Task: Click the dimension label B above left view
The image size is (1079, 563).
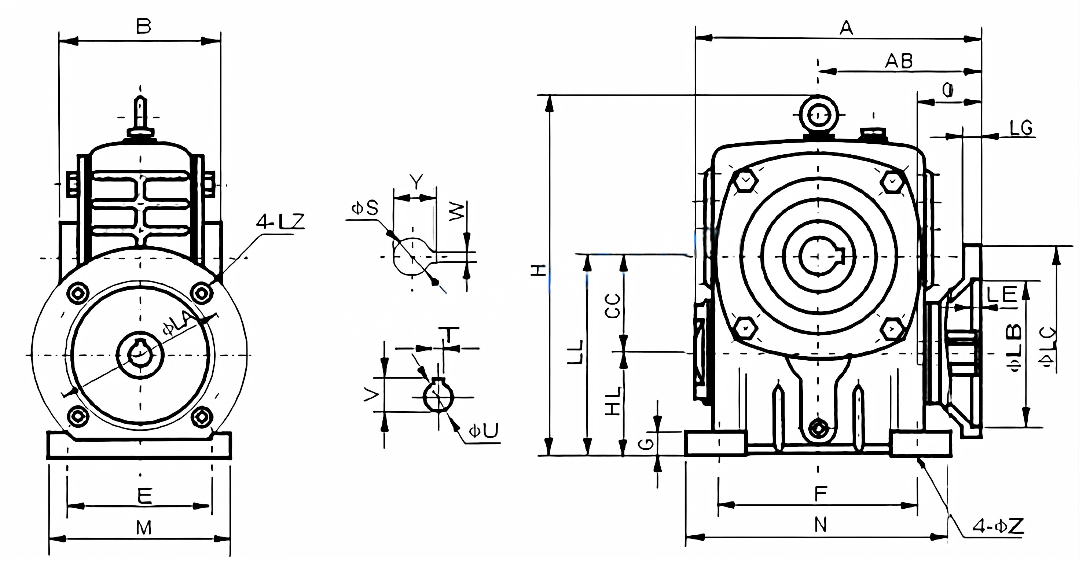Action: point(144,26)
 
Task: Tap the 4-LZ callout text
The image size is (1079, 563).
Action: point(280,221)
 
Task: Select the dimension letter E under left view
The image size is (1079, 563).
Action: point(145,496)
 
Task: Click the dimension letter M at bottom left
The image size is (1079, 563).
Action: point(144,528)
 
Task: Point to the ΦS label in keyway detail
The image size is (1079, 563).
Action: point(365,208)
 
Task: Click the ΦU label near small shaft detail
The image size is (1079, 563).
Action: point(483,431)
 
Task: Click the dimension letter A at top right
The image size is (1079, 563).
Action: point(846,28)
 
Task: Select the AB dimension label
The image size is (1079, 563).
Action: point(899,61)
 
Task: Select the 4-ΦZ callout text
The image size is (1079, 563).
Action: point(997,526)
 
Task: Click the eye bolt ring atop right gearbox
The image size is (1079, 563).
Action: point(818,114)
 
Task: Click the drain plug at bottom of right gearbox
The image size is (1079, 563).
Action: point(818,428)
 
